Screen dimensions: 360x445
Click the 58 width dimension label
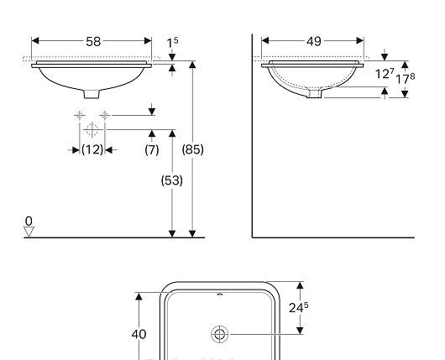[x=92, y=40]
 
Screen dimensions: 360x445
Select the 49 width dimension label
[x=313, y=40]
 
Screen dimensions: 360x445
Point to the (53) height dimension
[x=172, y=180]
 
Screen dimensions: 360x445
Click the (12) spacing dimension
[x=92, y=149]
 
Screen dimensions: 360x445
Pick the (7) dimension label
[x=152, y=149]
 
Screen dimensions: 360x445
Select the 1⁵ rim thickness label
[x=172, y=42]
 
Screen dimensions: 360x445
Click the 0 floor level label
[x=29, y=221]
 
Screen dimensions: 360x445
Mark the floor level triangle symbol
[x=29, y=232]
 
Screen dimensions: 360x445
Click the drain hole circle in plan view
[x=220, y=334]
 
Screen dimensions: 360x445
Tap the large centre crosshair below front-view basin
[x=92, y=129]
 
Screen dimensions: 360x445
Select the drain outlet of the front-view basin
[x=92, y=92]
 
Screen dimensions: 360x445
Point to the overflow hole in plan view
[x=220, y=295]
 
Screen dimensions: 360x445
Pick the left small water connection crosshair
[x=80, y=114]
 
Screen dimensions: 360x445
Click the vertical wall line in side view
[x=253, y=134]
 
